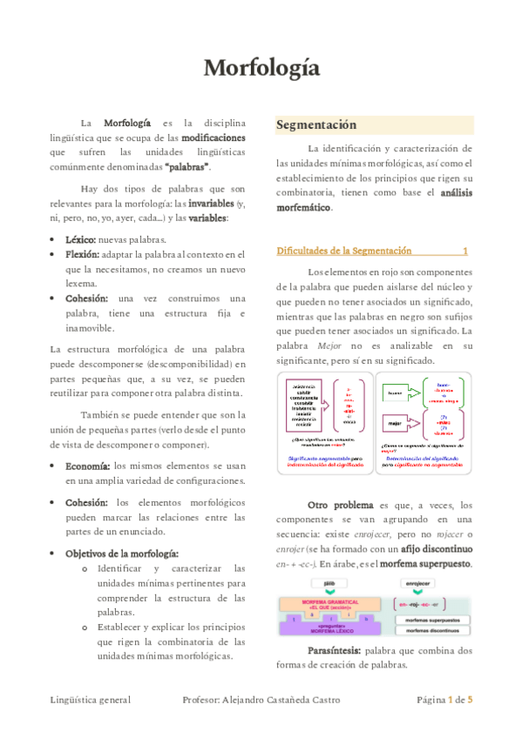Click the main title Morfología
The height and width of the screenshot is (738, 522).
pyautogui.click(x=261, y=68)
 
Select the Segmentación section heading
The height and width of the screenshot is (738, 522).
pyautogui.click(x=317, y=124)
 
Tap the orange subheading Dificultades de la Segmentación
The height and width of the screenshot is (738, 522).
pyautogui.click(x=343, y=251)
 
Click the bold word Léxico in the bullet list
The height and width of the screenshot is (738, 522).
pyautogui.click(x=80, y=239)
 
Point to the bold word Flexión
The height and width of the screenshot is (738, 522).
pyautogui.click(x=82, y=254)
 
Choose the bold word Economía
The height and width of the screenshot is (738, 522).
pyautogui.click(x=88, y=466)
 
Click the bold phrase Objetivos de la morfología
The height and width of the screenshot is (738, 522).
pyautogui.click(x=122, y=553)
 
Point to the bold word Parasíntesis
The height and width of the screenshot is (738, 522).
pyautogui.click(x=335, y=650)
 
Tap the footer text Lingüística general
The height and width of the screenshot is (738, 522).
pyautogui.click(x=90, y=699)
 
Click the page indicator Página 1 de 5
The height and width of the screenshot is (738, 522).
pyautogui.click(x=444, y=699)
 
